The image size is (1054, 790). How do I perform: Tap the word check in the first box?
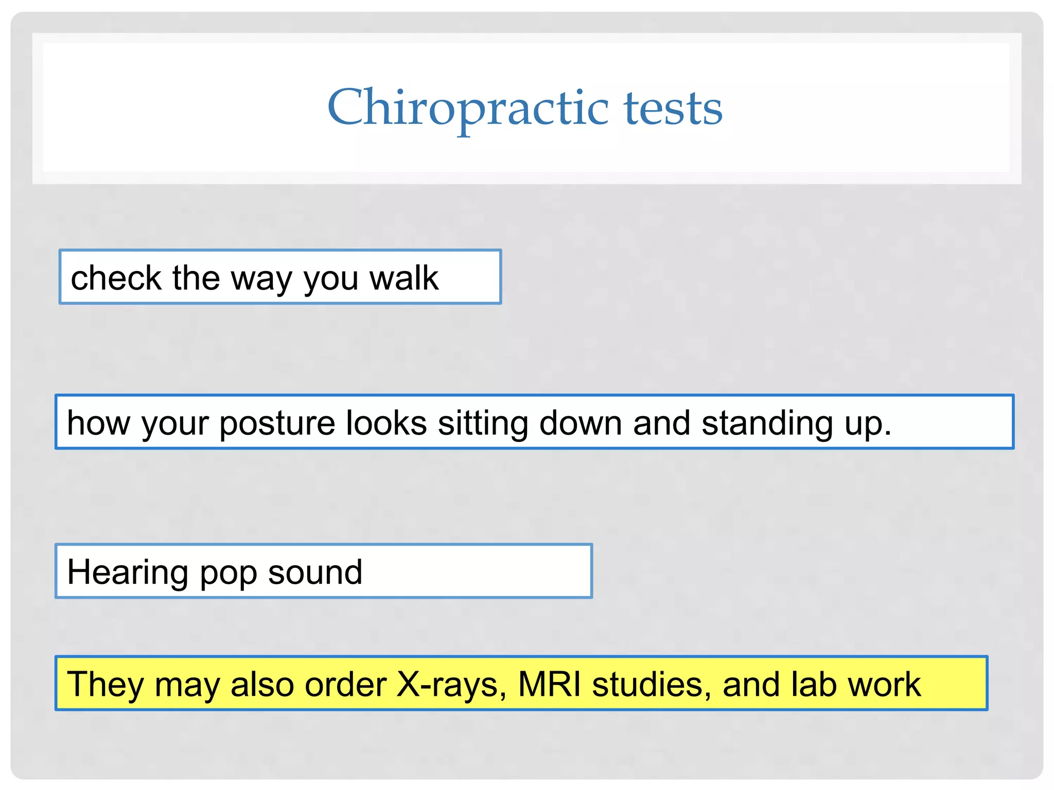click(x=116, y=278)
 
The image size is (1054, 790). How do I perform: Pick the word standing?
click(x=767, y=424)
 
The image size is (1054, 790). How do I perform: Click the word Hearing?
click(x=128, y=572)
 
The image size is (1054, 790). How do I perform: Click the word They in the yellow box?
click(x=106, y=685)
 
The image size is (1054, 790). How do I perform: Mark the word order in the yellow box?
click(x=345, y=685)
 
